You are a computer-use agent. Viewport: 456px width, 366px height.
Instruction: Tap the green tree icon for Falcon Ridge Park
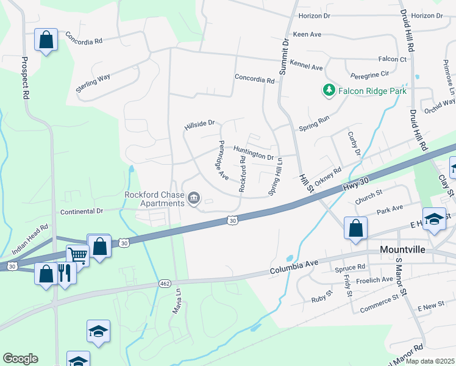pos(329,90)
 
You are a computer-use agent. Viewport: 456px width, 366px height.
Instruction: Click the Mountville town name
pos(405,249)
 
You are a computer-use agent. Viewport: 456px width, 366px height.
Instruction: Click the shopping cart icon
pos(77,255)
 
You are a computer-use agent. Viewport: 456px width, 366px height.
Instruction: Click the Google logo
pos(20,359)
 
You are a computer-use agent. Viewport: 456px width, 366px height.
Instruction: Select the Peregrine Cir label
pos(369,74)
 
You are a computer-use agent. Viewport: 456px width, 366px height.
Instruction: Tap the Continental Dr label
pos(83,211)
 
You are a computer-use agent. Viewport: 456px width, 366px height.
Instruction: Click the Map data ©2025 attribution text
pos(429,361)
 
